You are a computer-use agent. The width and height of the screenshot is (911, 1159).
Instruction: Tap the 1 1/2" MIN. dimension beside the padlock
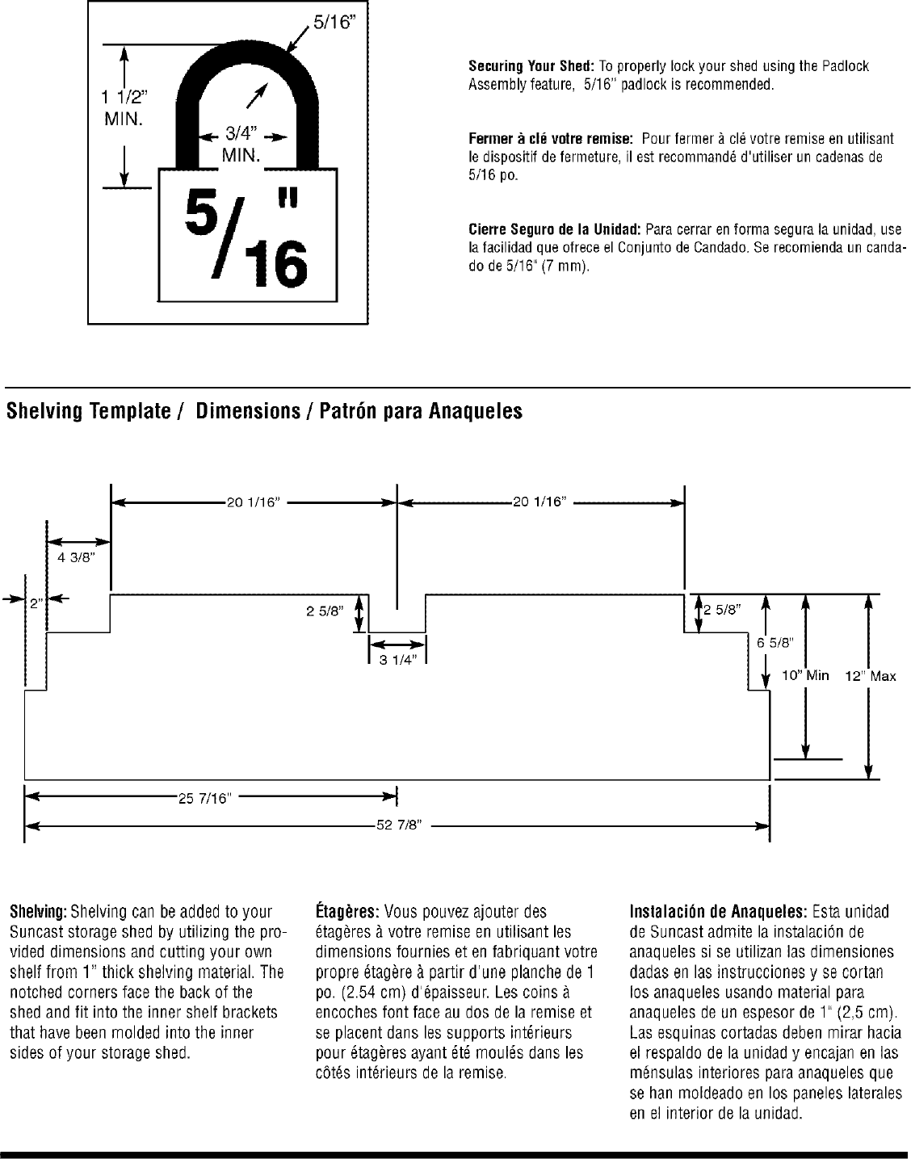124,109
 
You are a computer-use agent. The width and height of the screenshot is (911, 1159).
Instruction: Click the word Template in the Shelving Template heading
125,412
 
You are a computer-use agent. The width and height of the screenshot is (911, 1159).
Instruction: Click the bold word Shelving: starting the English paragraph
38,913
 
